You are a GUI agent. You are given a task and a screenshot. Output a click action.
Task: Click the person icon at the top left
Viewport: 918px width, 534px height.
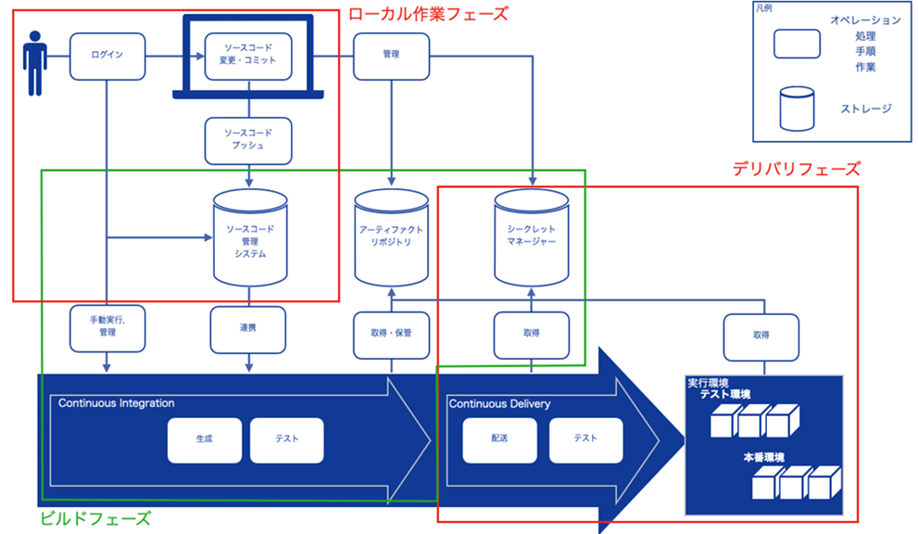tap(35, 63)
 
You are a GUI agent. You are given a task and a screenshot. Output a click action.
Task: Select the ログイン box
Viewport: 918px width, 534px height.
tap(107, 55)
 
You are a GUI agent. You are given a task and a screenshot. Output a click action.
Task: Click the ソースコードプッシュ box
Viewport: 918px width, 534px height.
tap(249, 139)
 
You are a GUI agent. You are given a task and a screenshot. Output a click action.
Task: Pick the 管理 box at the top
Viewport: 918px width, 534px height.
tap(391, 55)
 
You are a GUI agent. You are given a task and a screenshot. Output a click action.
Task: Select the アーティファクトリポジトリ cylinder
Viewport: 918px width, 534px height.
tap(391, 235)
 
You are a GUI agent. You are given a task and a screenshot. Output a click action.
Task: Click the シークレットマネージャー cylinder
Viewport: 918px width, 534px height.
tap(532, 235)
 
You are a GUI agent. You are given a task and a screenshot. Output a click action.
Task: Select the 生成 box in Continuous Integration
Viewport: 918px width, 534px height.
tap(204, 440)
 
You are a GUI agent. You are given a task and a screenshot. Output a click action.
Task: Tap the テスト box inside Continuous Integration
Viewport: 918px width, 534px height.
tap(287, 440)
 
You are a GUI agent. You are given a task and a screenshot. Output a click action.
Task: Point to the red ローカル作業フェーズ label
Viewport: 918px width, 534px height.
tap(427, 14)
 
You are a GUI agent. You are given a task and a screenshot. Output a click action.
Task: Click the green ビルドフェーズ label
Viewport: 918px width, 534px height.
tap(94, 518)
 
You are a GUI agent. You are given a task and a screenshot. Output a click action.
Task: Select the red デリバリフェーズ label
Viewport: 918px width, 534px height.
tap(796, 169)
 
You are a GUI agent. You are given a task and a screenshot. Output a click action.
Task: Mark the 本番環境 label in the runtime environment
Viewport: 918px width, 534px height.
tap(763, 458)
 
